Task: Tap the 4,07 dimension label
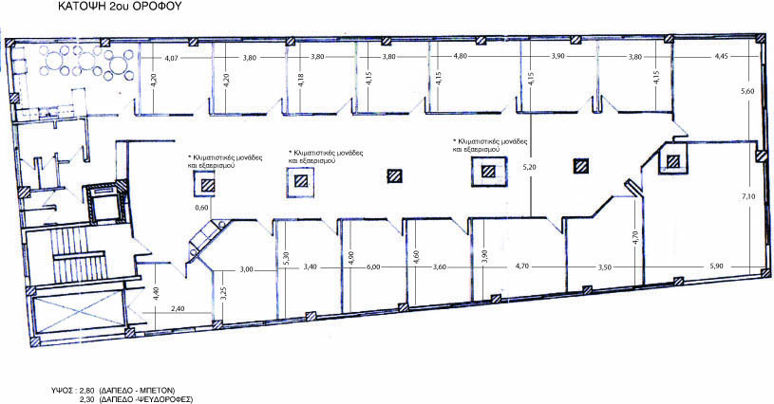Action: pos(171,58)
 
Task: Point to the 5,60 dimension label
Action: pos(748,91)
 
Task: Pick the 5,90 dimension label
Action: pos(716,266)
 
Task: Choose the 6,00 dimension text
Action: pos(373,266)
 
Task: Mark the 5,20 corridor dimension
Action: pos(529,167)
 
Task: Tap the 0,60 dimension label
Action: pos(201,208)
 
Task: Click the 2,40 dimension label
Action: pos(178,309)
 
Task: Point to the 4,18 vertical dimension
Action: pos(301,81)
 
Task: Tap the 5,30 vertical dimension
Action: pos(287,260)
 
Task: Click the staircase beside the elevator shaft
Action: pos(78,257)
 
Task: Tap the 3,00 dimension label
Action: pos(246,269)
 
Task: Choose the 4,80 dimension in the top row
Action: pos(460,56)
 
